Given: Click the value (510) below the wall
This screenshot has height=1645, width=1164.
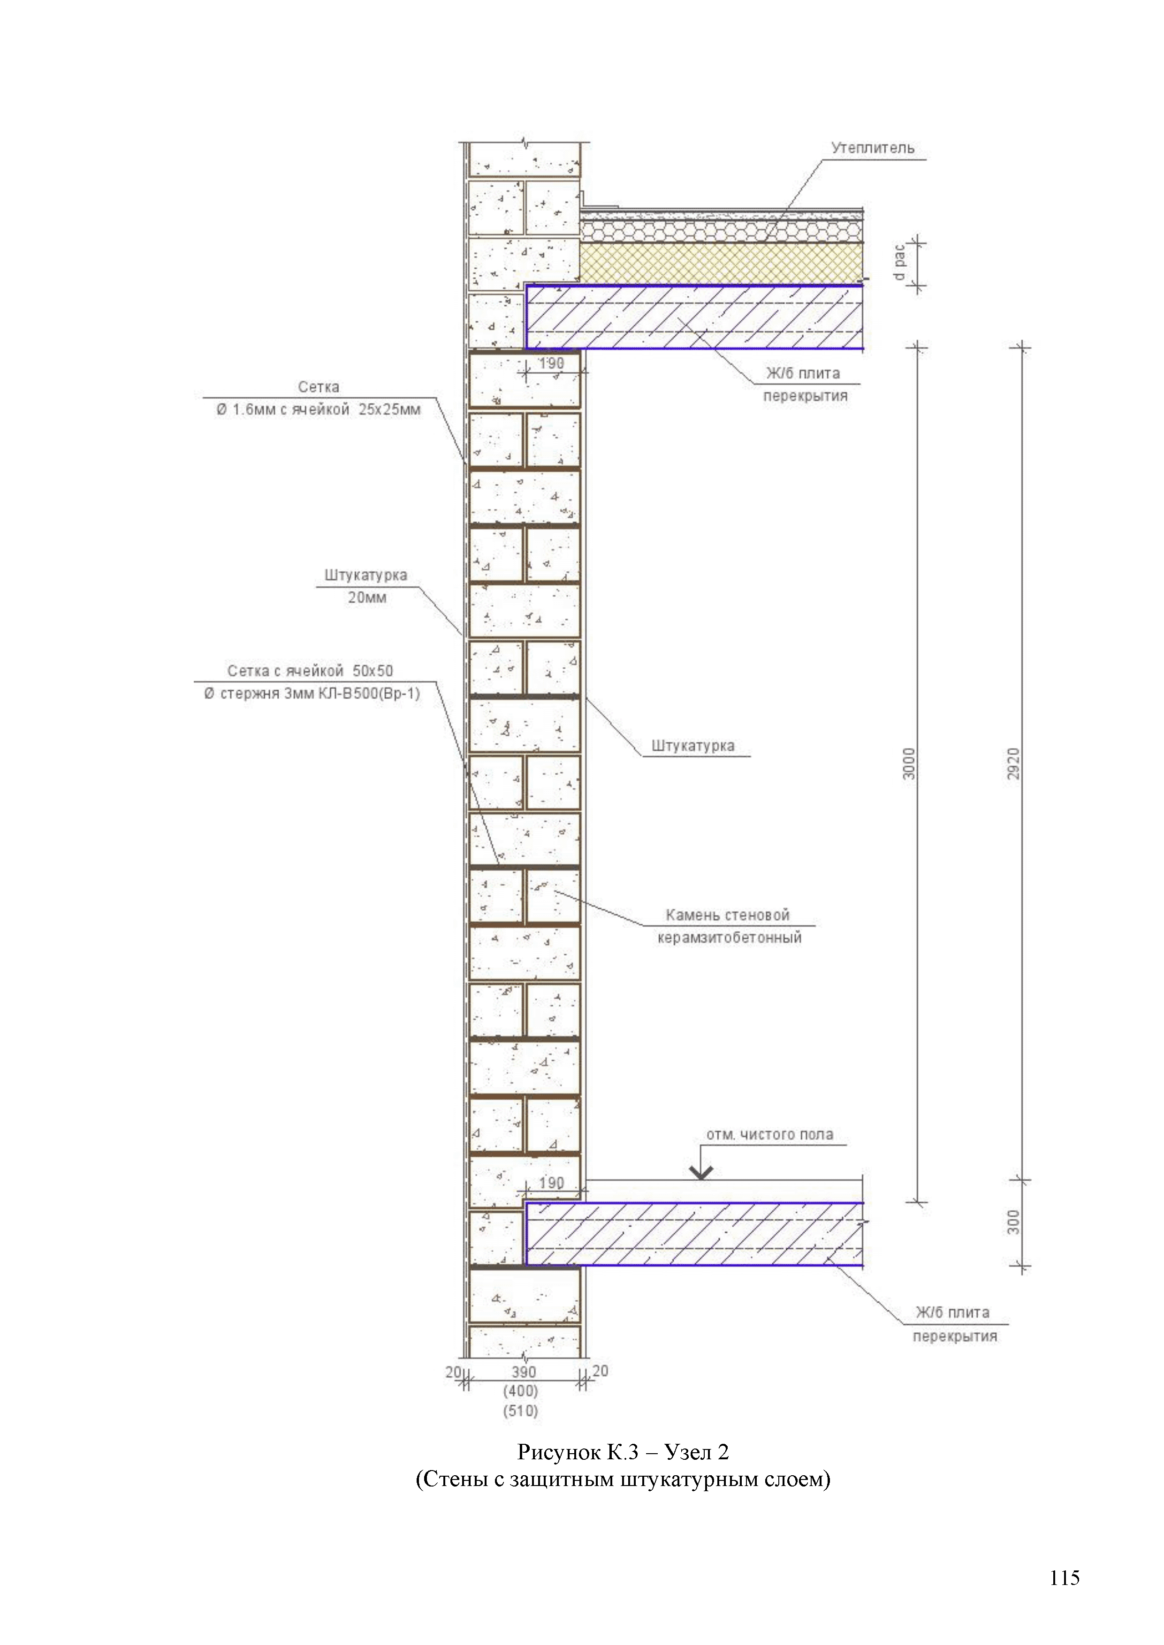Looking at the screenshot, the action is [520, 1410].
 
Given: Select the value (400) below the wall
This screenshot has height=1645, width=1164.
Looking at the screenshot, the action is [520, 1391].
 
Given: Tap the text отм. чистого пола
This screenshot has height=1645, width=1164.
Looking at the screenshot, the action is [770, 1134].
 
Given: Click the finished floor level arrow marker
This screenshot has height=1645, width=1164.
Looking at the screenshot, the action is [701, 1171].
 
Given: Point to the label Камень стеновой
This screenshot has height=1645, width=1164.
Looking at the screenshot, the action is [728, 915].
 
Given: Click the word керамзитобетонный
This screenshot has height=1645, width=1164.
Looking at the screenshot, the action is [729, 937].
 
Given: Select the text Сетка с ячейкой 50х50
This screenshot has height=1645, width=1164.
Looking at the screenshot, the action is [310, 671].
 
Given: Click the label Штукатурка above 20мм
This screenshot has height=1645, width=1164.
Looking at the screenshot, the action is [365, 574].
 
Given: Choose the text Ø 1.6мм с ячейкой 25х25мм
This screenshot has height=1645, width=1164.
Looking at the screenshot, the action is [318, 410].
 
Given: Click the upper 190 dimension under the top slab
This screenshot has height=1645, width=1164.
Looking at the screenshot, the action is [551, 363].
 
